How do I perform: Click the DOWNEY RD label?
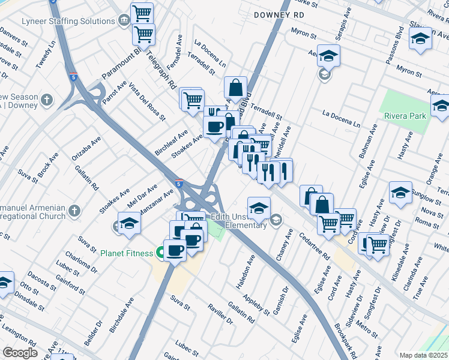(279, 14)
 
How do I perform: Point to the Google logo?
(20, 353)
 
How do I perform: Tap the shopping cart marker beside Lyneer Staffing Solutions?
(142, 12)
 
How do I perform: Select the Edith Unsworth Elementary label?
(238, 221)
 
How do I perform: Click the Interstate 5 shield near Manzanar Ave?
(179, 184)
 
